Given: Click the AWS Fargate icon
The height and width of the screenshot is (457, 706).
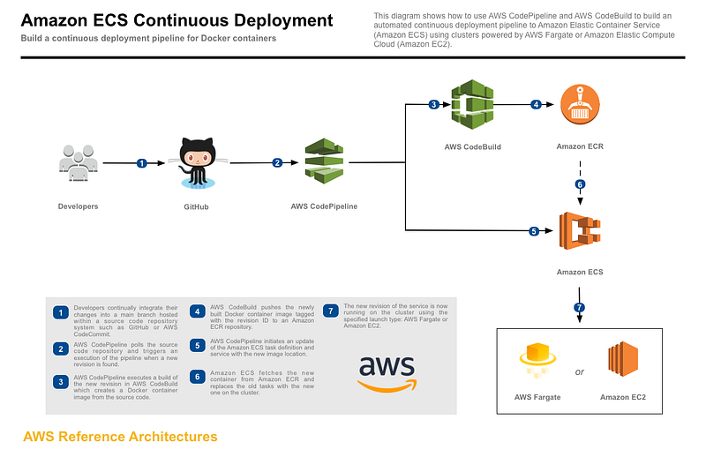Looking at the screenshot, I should (537, 363).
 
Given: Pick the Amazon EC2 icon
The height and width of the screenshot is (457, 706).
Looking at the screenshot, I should (623, 363).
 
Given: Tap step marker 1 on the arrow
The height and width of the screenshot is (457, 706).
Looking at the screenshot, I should (141, 162).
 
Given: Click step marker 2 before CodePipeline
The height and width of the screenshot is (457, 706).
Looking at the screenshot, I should (276, 162).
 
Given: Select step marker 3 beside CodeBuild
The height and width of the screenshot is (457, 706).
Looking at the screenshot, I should (433, 105).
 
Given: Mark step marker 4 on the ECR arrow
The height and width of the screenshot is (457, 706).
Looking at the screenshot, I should (535, 105).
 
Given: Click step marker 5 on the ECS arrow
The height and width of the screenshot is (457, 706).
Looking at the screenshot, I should (533, 232).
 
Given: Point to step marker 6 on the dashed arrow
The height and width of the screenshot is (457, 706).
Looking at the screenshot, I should (579, 185).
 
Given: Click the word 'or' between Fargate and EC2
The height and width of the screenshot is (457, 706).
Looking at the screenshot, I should (580, 371).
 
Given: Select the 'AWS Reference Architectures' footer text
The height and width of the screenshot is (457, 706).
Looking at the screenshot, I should (120, 437).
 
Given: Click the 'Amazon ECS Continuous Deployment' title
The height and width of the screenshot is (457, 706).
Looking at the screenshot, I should (177, 20).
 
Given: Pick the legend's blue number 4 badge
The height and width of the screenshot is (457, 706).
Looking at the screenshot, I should (196, 311).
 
